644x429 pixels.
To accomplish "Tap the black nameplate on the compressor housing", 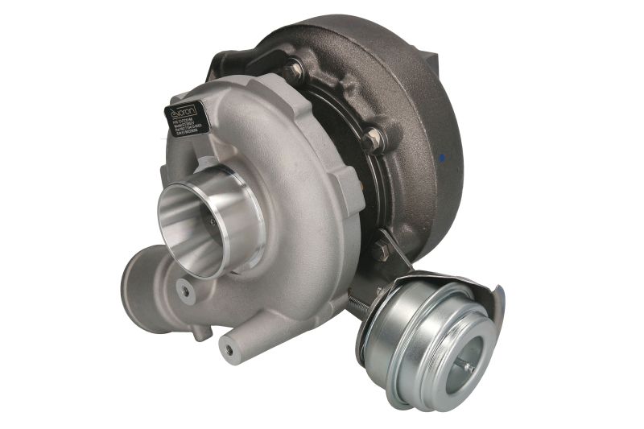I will point(188,122).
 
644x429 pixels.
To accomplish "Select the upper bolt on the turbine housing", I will point(295,71).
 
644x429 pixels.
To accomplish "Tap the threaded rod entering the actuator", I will point(359,305).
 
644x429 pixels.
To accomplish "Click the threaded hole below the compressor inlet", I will point(187,291).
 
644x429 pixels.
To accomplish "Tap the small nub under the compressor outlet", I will point(201,330).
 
